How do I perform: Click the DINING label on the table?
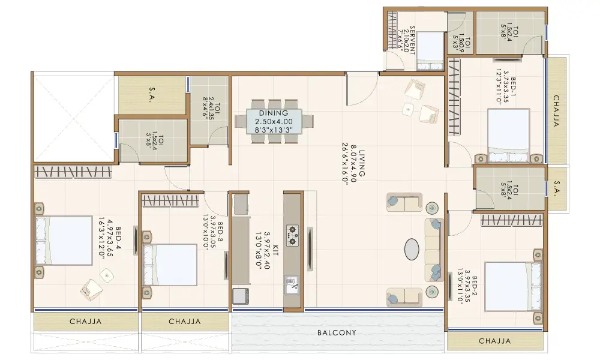[274, 113]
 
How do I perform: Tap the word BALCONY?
[337, 333]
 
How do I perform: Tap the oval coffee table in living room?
[412, 249]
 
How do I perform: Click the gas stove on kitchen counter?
[293, 235]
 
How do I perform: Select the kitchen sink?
[292, 284]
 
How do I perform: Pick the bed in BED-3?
[170, 265]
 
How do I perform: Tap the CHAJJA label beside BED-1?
[556, 111]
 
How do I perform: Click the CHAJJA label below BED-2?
[495, 341]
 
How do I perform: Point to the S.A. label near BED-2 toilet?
[557, 189]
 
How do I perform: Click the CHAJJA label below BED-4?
[86, 322]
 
